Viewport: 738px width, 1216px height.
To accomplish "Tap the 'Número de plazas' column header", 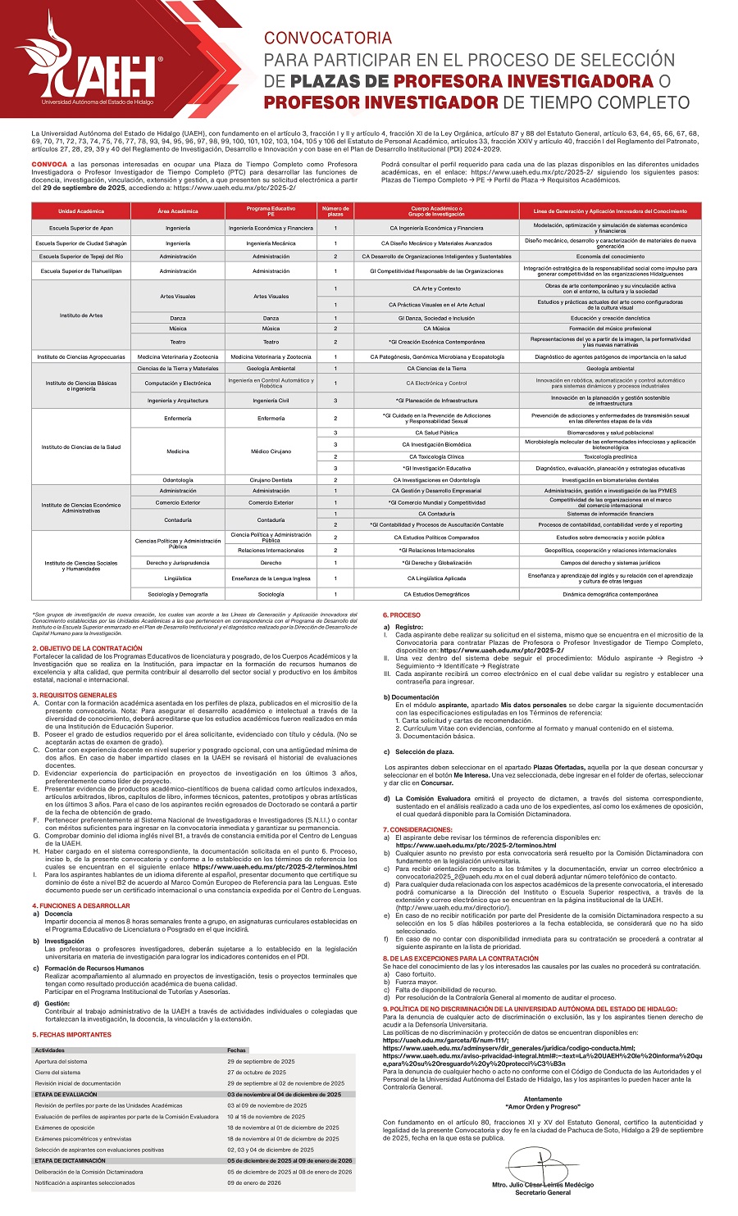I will tap(335, 211).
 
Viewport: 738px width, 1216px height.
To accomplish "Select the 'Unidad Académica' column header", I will tap(81, 211).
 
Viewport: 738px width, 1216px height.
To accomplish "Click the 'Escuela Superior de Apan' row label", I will tap(81, 228).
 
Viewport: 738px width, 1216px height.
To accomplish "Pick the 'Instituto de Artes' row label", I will tap(81, 315).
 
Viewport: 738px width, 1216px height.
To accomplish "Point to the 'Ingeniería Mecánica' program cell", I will tap(271, 243).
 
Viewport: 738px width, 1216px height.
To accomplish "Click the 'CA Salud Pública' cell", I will tap(436, 433).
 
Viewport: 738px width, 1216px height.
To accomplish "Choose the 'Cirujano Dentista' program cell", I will tap(271, 479).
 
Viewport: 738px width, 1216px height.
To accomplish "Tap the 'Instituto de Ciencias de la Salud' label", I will tap(81, 447).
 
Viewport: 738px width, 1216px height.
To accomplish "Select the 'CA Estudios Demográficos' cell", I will tap(436, 594).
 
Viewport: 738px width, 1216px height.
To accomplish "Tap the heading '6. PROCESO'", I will tap(402, 615).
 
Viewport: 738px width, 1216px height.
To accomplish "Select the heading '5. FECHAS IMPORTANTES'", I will tap(71, 1034).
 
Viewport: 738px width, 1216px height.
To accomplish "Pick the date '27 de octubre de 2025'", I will tap(257, 1072).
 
